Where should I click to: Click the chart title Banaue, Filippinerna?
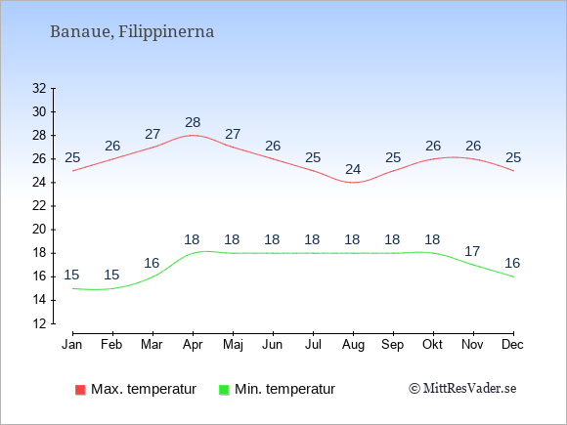tap(132, 31)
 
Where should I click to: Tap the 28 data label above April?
tap(193, 122)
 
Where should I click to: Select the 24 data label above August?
tap(353, 169)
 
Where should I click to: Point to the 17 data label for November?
tap(472, 251)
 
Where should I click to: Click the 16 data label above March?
tap(152, 263)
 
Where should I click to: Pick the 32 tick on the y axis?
tap(39, 88)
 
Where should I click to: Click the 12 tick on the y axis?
tap(39, 323)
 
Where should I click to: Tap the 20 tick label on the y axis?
tap(39, 230)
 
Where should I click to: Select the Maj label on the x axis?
tap(233, 345)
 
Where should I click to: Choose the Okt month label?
tap(432, 345)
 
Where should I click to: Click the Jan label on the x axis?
tap(72, 345)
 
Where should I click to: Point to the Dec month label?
tap(513, 345)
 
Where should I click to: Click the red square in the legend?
tap(80, 390)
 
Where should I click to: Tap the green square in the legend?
tap(224, 390)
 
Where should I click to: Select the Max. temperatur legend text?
tap(144, 389)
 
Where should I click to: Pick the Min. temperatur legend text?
tap(284, 389)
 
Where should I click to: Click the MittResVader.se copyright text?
tap(462, 389)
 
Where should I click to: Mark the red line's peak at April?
tap(193, 135)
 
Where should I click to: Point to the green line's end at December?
tap(513, 276)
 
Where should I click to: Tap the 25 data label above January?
tap(72, 158)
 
